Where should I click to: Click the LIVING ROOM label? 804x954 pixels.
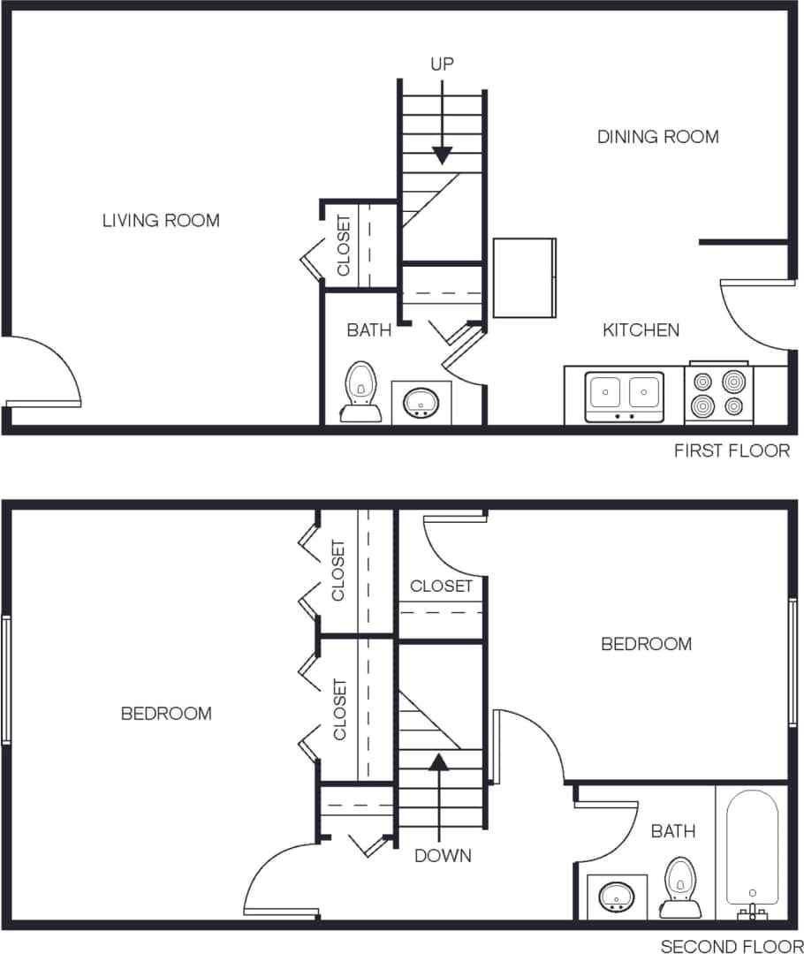pyautogui.click(x=161, y=221)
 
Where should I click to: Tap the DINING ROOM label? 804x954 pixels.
pyautogui.click(x=657, y=137)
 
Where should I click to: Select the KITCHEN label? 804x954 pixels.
pyautogui.click(x=641, y=330)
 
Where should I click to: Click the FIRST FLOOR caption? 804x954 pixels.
pyautogui.click(x=732, y=451)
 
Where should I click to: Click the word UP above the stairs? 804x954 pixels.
pyautogui.click(x=442, y=64)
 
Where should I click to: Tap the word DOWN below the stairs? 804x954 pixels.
pyautogui.click(x=443, y=856)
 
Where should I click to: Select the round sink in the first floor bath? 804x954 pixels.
pyautogui.click(x=421, y=402)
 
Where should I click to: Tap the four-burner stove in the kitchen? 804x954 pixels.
pyautogui.click(x=718, y=394)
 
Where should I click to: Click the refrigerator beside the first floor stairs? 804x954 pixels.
pyautogui.click(x=524, y=277)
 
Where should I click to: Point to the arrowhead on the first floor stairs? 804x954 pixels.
pyautogui.click(x=442, y=155)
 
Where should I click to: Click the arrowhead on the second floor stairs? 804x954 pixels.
pyautogui.click(x=439, y=759)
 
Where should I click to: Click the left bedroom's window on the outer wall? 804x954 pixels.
pyautogui.click(x=6, y=679)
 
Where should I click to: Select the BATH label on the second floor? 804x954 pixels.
pyautogui.click(x=672, y=831)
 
